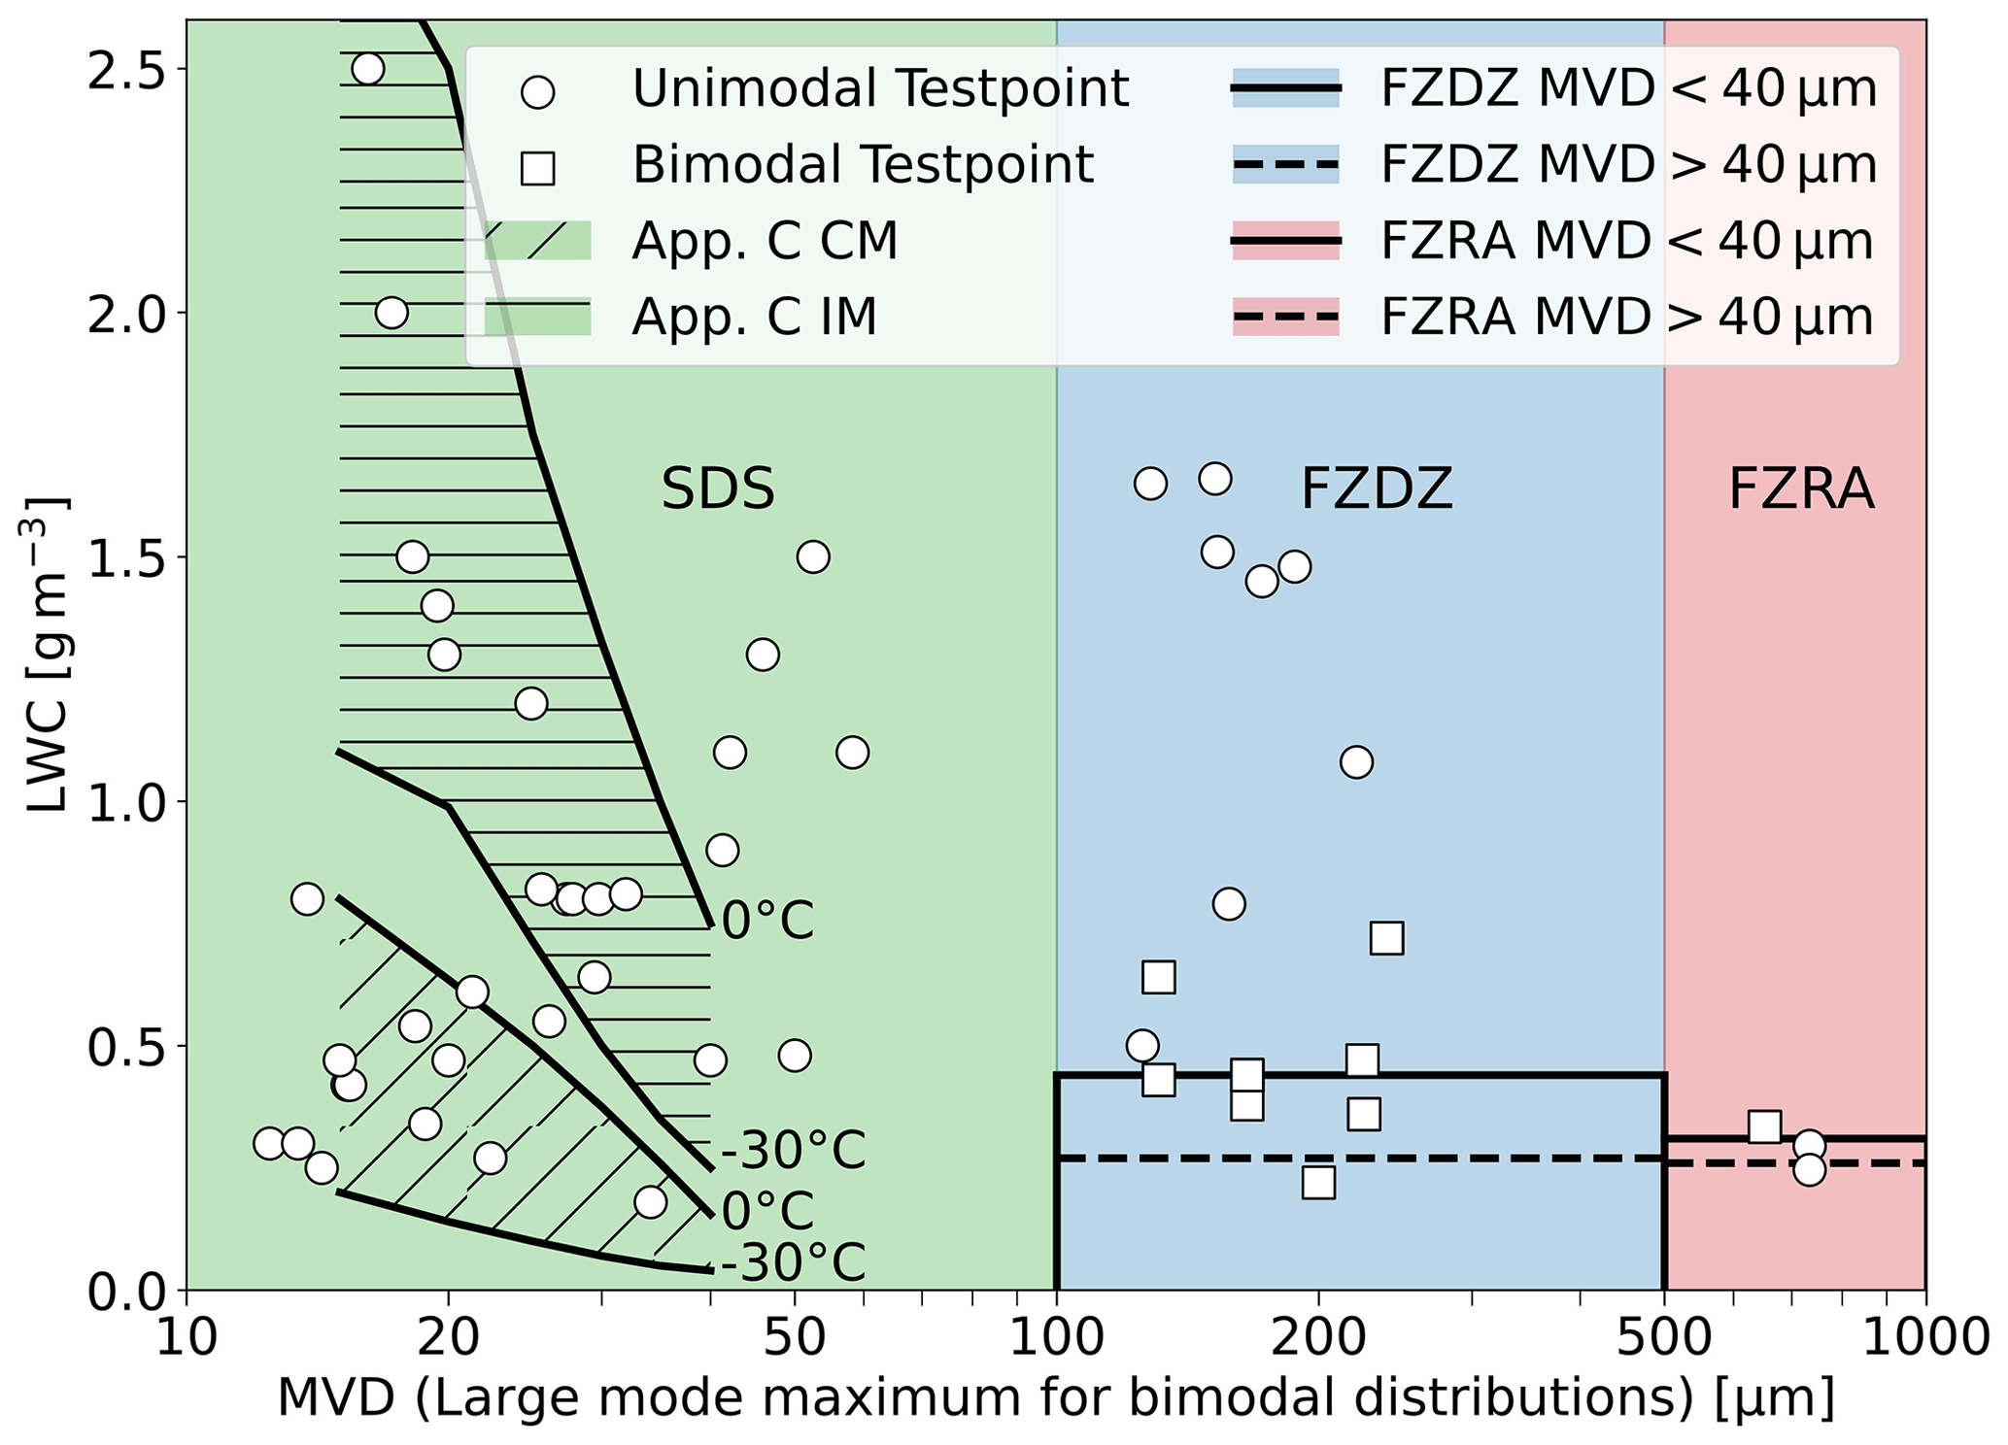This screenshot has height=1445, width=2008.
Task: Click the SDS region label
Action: point(718,488)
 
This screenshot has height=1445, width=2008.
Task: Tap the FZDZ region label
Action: point(1376,488)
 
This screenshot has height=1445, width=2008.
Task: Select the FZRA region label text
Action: point(1800,488)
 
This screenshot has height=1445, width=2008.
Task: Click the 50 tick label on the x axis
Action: point(794,1338)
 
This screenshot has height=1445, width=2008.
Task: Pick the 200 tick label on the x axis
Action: point(1317,1338)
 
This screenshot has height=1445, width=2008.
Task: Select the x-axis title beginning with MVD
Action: point(1055,1399)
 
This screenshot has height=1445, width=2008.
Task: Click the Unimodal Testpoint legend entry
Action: point(879,89)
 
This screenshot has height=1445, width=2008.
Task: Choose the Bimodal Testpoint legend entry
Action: point(862,165)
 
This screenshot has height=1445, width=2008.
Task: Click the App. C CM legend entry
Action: point(765,241)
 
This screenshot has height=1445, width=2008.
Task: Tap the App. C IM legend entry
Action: point(754,317)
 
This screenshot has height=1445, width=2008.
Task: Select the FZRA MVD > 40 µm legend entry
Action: point(1626,317)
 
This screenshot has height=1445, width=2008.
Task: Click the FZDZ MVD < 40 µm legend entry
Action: point(1628,89)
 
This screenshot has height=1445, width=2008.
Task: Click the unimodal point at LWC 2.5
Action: point(367,69)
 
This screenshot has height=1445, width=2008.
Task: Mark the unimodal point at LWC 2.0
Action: point(391,313)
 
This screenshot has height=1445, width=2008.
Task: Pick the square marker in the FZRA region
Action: point(1764,1126)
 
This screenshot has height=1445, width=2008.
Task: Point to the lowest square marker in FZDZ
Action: point(1318,1183)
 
